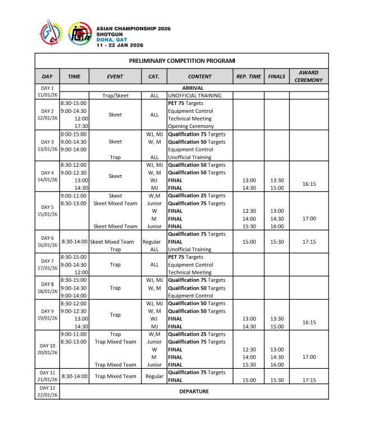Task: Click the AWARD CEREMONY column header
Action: click(x=309, y=76)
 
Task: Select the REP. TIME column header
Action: click(x=249, y=76)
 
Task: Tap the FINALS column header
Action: click(x=277, y=76)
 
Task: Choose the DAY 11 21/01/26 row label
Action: click(x=47, y=376)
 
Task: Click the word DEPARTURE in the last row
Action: click(x=194, y=391)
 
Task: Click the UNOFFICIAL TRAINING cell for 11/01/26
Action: click(x=194, y=95)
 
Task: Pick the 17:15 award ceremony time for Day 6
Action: click(x=309, y=242)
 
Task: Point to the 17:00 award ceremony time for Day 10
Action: click(x=309, y=356)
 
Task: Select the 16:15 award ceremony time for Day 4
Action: click(x=309, y=184)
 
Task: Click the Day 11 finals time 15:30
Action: click(x=277, y=380)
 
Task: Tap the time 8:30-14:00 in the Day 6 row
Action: click(x=74, y=242)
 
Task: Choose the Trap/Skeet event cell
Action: click(x=114, y=95)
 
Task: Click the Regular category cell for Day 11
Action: click(x=154, y=376)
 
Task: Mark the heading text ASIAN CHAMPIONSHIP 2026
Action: click(x=134, y=29)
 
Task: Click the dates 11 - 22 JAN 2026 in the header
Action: click(x=120, y=45)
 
